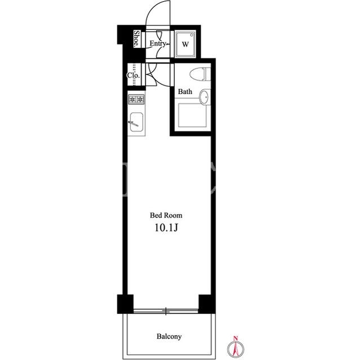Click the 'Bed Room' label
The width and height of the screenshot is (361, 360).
[x=166, y=215]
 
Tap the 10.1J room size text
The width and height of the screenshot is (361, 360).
[x=166, y=228]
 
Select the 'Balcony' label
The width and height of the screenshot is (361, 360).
[x=169, y=336]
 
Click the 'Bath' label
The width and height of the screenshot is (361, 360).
[x=185, y=91]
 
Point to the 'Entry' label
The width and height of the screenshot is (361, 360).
[x=157, y=43]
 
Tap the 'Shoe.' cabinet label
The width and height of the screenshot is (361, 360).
[x=137, y=39]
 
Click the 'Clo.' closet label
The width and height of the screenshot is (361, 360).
[x=133, y=75]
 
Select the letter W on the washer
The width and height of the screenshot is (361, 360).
[x=186, y=44]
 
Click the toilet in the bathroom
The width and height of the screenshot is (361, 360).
[x=200, y=74]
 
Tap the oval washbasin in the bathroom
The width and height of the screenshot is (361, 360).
[x=204, y=97]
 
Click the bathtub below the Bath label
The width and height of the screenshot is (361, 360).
[x=192, y=115]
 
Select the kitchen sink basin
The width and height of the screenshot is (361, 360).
[x=137, y=122]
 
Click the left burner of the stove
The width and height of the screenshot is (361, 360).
[x=133, y=100]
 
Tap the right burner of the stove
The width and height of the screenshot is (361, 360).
[x=140, y=100]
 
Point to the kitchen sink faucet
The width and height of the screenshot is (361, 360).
[x=133, y=124]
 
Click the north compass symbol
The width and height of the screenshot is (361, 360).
[x=236, y=348]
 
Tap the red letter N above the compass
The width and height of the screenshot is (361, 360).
[x=236, y=338]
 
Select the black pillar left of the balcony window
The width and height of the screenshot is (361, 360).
[x=125, y=304]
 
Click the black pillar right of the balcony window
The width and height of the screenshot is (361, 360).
[x=207, y=304]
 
